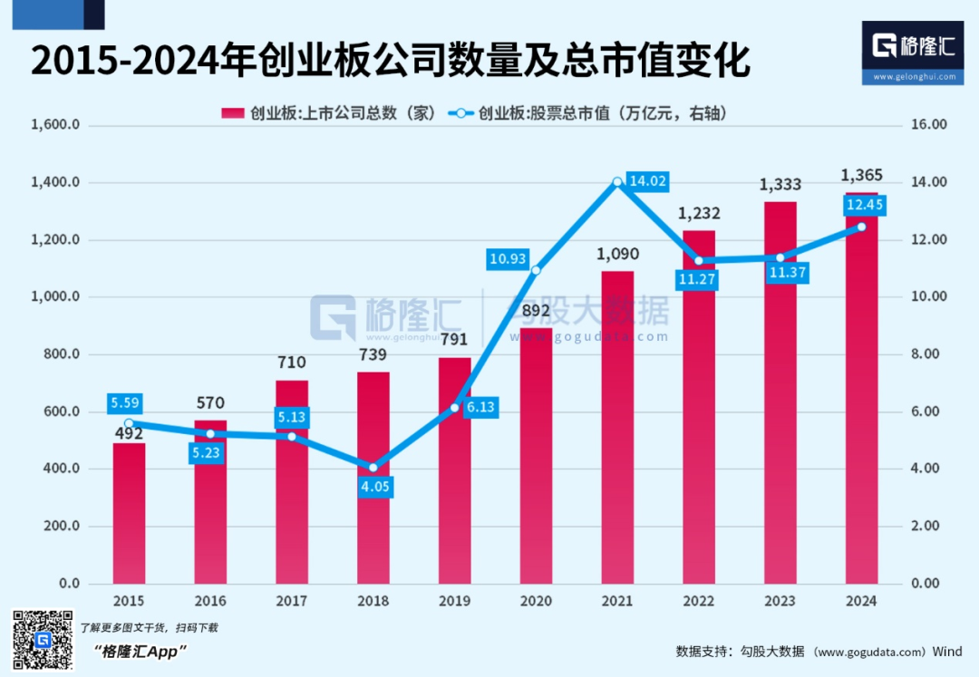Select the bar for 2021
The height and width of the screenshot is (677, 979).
point(617,427)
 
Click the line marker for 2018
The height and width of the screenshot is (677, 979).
point(373,468)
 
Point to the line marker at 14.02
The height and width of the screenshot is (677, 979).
point(617,182)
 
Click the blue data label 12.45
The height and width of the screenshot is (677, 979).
point(861,206)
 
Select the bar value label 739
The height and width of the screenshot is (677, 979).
point(373,354)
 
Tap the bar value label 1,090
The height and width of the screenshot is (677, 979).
point(617,254)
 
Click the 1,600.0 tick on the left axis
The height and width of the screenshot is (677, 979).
point(56,125)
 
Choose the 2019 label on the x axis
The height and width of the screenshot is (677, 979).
point(454,601)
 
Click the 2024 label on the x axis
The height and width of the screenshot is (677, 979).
point(861,601)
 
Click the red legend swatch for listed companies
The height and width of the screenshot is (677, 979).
point(233,113)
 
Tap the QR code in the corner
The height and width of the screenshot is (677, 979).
point(42,641)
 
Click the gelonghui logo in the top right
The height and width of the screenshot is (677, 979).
point(913,53)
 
